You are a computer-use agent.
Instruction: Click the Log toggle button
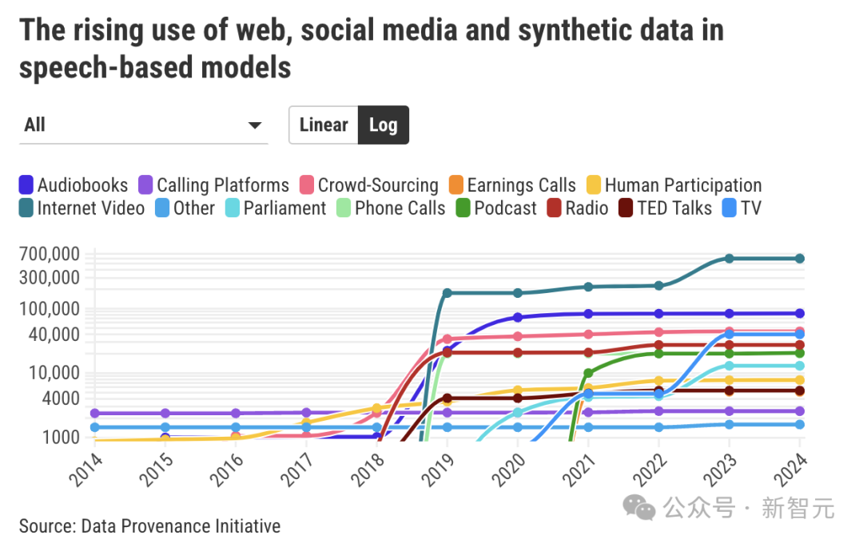click(383, 125)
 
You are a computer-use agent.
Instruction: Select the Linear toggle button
click(324, 125)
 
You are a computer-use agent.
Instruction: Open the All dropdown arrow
click(255, 125)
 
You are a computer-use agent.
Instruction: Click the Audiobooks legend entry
click(74, 185)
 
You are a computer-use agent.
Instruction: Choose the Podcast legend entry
click(496, 208)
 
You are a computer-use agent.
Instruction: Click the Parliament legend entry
click(276, 208)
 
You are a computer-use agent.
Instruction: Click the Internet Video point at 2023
click(729, 258)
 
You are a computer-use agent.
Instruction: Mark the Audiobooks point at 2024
click(799, 313)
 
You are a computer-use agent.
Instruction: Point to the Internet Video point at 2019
click(447, 293)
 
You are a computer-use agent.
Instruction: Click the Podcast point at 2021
click(589, 373)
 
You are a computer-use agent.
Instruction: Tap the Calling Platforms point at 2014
click(95, 413)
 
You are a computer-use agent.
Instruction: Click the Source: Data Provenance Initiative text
click(149, 526)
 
